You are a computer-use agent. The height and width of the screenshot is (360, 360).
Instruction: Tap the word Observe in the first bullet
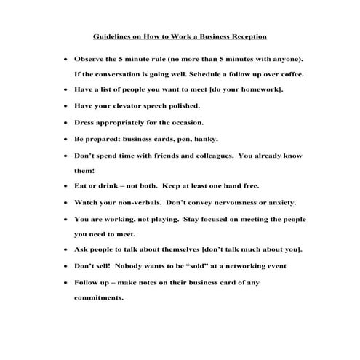click(90, 57)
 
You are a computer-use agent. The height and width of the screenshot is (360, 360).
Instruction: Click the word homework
click(261, 89)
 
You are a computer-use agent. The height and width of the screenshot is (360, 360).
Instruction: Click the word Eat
click(81, 187)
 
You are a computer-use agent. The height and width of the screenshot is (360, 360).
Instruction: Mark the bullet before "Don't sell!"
click(66, 267)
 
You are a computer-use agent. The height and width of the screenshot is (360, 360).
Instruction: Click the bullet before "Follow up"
click(66, 283)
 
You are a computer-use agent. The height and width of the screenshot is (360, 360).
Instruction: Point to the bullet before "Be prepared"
click(66, 139)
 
